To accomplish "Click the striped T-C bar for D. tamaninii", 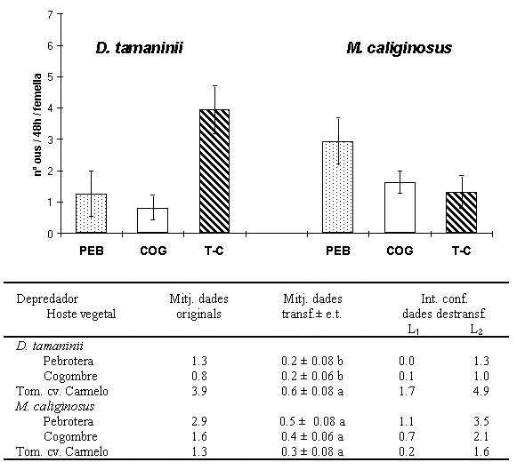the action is (x=214, y=171).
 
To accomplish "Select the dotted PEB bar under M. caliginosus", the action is (x=337, y=187).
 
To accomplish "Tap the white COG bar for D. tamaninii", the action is (x=153, y=220).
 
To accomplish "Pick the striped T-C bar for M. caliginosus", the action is (x=461, y=212).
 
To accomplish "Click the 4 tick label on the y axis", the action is (x=50, y=108).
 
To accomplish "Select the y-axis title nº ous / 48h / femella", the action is (x=38, y=124).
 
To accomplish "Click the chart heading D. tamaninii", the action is (x=140, y=48).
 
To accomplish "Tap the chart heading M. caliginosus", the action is (x=399, y=48).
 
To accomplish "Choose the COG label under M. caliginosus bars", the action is (x=400, y=251).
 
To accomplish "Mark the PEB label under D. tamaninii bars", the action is (x=92, y=251).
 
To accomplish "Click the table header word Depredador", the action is (x=47, y=299).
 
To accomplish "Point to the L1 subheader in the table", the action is (x=414, y=330).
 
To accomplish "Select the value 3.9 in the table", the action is (x=199, y=391).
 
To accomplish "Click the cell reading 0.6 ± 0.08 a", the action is (x=312, y=391).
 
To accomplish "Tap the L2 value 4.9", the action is (x=481, y=391).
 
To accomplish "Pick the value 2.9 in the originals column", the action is (x=199, y=422).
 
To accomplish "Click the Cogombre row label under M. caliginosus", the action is (x=70, y=437).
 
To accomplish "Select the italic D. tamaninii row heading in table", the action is (x=50, y=347).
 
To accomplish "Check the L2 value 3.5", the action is (x=481, y=422).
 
